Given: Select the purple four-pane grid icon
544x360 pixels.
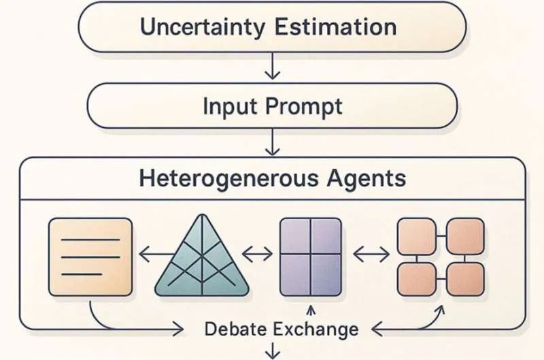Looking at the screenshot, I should click(x=310, y=256).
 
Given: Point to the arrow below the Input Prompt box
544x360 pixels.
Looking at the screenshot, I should click(x=273, y=144).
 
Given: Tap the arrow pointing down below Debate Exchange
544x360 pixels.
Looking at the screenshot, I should click(x=273, y=351).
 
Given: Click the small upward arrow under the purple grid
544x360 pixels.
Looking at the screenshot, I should click(x=310, y=312).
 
